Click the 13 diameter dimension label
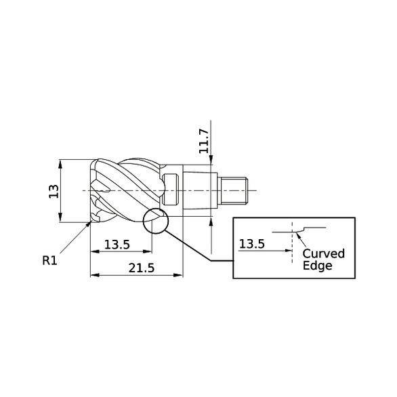tap(53, 191)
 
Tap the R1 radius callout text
tap(49, 260)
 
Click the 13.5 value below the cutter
tap(117, 244)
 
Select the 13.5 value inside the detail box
tap(252, 243)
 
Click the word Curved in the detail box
tap(323, 253)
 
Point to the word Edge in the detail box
tap(317, 266)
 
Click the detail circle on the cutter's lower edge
tap(155, 221)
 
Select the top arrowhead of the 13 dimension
tap(61, 163)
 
